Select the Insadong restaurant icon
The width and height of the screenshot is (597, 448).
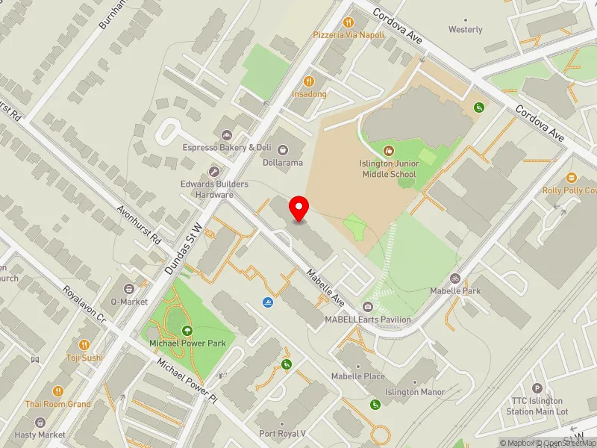coord(308,81)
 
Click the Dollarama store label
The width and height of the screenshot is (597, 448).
coord(281,162)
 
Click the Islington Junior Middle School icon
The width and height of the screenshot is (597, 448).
coord(388,151)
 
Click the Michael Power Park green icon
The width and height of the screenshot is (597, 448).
coord(187,331)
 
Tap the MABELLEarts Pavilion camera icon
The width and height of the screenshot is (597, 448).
coord(367,307)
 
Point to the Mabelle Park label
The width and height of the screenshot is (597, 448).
coord(455,290)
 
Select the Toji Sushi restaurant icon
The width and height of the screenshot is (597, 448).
coord(84,346)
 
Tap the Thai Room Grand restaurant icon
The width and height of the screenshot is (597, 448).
coord(58,391)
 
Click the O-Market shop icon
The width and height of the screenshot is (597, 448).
coord(129,288)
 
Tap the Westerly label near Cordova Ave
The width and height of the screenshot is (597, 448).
coord(465,30)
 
